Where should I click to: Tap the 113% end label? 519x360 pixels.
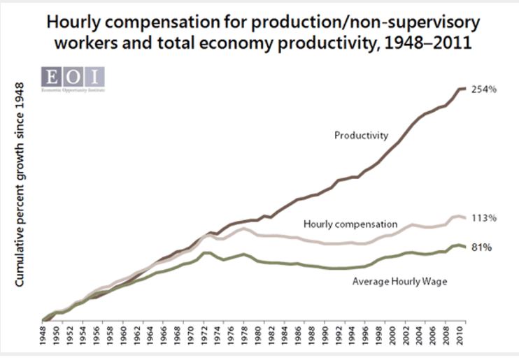tap(483, 217)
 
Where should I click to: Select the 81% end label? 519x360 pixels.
tap(481, 247)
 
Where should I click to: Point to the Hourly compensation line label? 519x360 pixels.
tap(350, 224)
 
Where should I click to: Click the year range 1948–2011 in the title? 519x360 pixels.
tap(436, 43)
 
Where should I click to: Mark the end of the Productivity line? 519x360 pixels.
tap(465, 88)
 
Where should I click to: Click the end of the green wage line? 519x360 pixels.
tap(465, 247)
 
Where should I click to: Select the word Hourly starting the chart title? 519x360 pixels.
tap(73, 22)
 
